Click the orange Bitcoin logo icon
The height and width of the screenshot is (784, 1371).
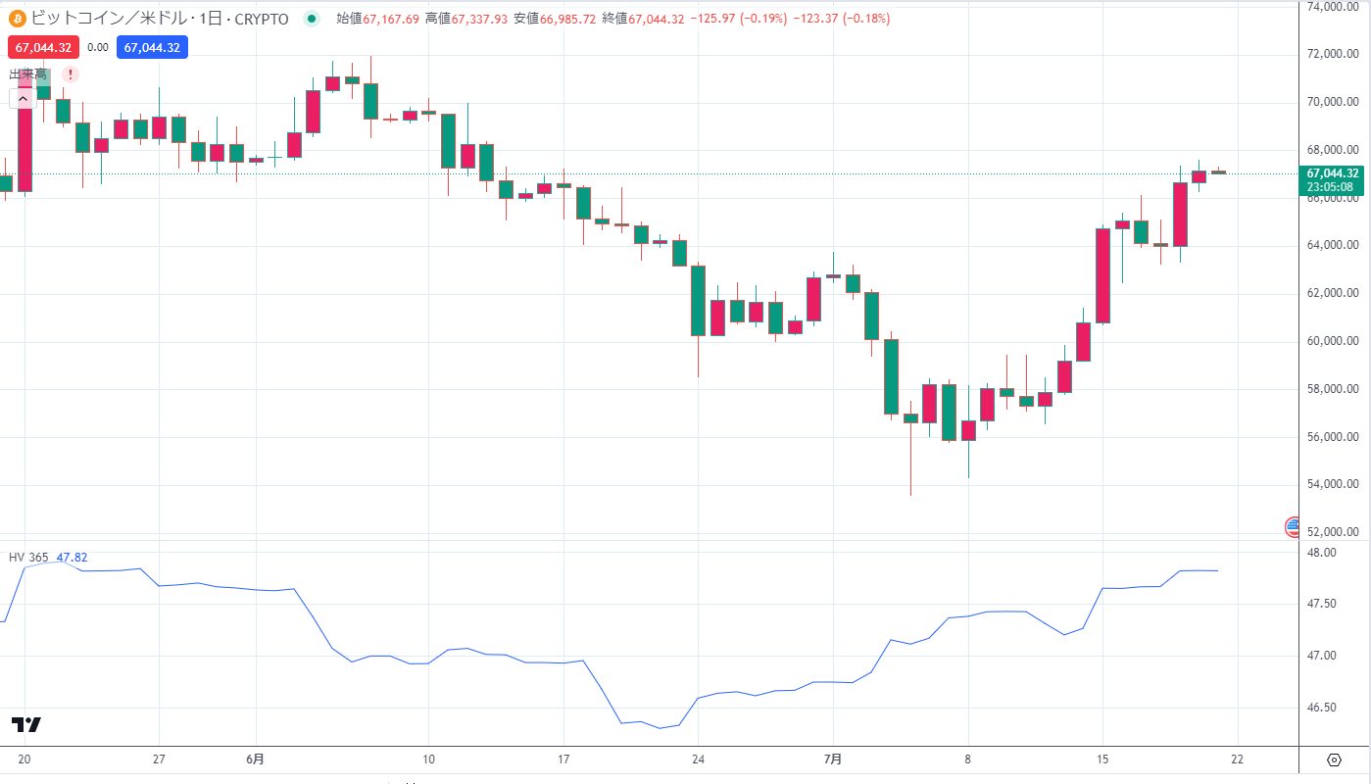click(x=17, y=19)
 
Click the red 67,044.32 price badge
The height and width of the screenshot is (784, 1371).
click(x=43, y=47)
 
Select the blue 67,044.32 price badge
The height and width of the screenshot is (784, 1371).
click(x=152, y=47)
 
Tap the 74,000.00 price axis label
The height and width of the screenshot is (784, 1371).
click(x=1334, y=7)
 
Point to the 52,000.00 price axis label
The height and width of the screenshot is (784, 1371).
click(x=1334, y=532)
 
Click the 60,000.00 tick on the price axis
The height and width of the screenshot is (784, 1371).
click(x=1334, y=341)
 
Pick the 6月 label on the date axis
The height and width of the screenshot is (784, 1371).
click(x=255, y=759)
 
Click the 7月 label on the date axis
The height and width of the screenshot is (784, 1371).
click(x=833, y=759)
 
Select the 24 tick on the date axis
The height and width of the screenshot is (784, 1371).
click(x=698, y=759)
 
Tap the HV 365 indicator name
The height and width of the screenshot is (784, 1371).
click(x=28, y=558)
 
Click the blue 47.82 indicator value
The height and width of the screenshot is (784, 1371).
click(x=72, y=558)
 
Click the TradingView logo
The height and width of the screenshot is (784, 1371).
click(x=26, y=724)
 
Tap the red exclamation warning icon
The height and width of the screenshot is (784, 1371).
click(x=71, y=74)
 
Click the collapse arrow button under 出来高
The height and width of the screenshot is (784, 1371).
click(x=22, y=97)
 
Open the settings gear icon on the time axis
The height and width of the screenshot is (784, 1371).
click(x=1334, y=759)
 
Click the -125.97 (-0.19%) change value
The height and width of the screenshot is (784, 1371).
click(x=739, y=19)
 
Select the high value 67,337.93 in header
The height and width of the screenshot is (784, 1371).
click(x=479, y=19)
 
